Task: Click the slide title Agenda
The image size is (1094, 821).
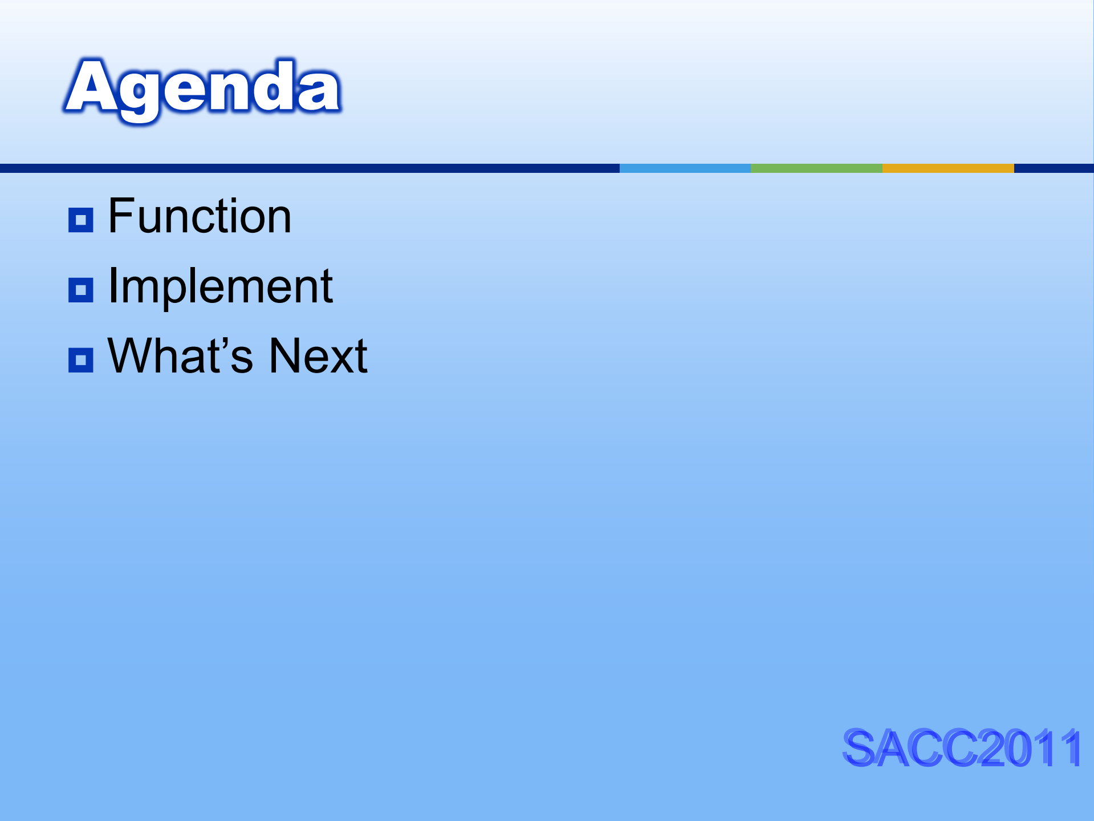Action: coord(202,90)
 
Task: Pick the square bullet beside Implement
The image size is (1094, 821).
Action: coord(80,290)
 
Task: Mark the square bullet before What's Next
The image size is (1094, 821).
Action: coord(80,360)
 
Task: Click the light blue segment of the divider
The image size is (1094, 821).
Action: coord(685,168)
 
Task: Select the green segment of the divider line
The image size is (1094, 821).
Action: coord(817,168)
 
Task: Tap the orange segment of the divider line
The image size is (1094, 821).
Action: coord(948,168)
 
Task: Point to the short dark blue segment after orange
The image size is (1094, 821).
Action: coord(1054,168)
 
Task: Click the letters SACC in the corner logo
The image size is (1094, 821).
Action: coord(911,747)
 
